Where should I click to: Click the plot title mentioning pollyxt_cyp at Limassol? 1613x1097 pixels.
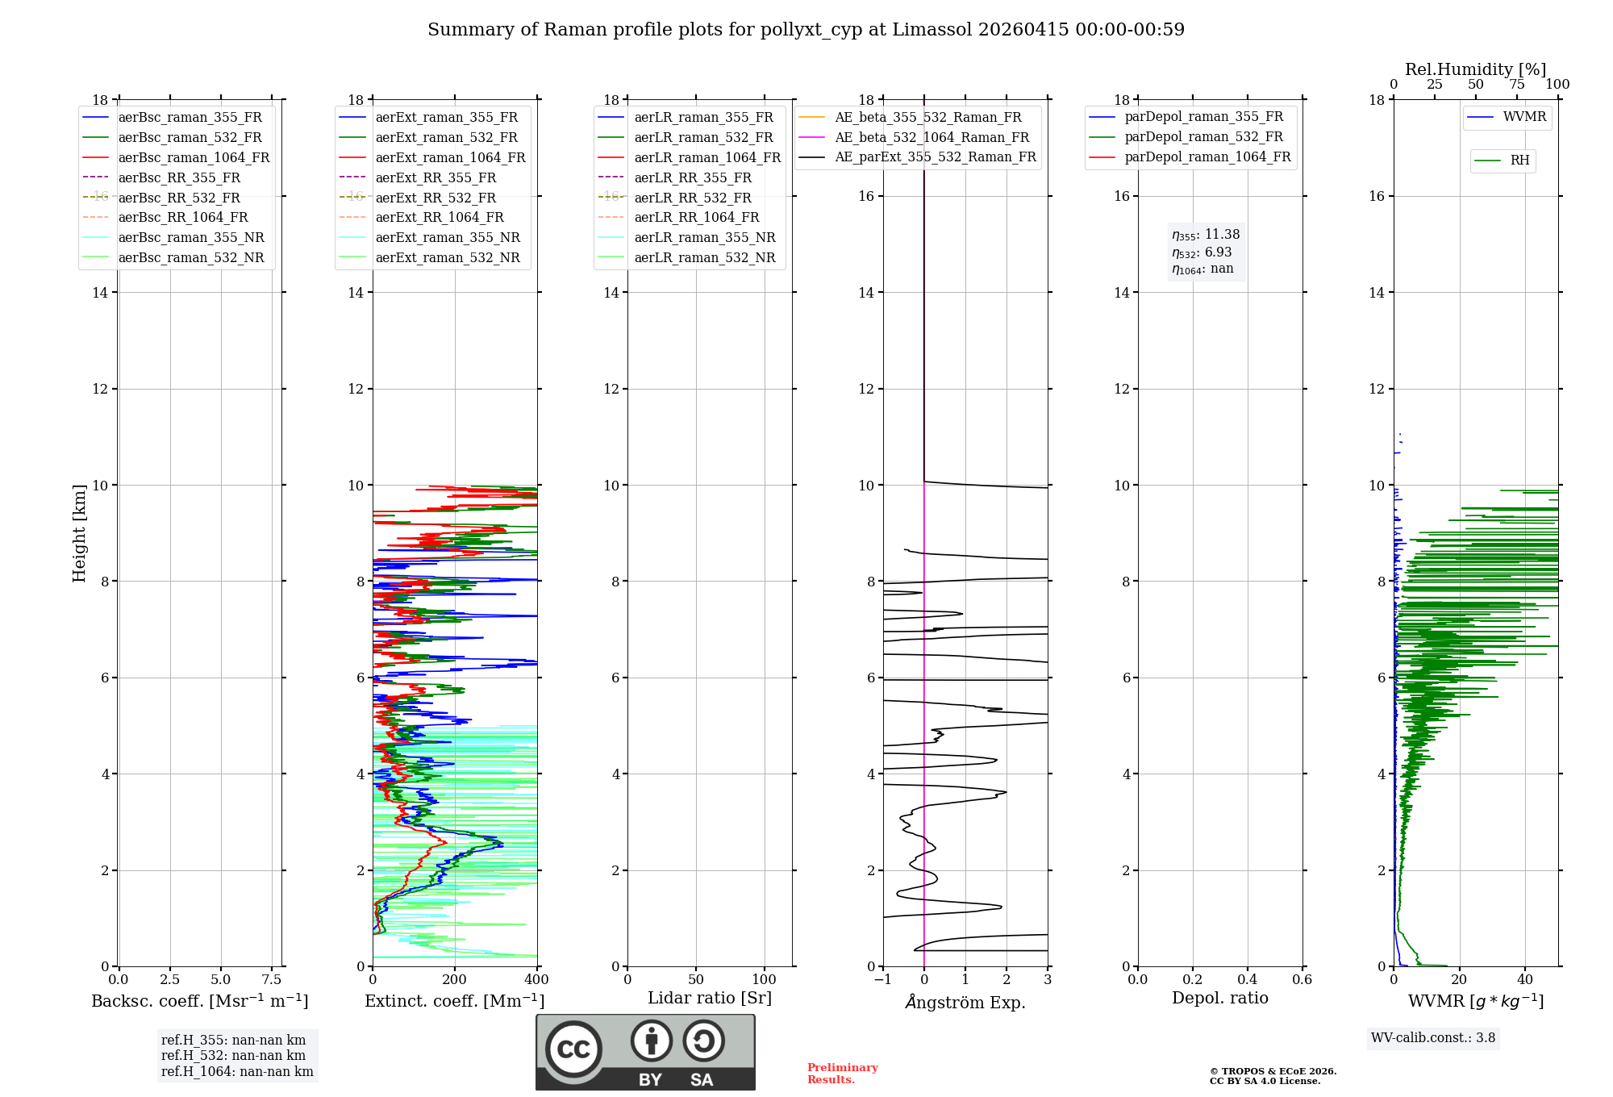(806, 30)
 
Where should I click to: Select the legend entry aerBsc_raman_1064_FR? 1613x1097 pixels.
(194, 157)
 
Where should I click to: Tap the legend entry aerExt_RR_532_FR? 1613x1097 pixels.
(436, 198)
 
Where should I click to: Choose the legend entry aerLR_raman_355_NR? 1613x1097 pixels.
(704, 237)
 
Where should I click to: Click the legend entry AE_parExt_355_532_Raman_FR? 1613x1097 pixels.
(935, 156)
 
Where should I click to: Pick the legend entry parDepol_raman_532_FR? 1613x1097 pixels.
(1203, 136)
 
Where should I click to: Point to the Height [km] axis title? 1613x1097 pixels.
(79, 532)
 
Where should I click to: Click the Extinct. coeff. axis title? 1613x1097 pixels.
(455, 1001)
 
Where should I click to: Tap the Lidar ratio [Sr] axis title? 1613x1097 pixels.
(710, 998)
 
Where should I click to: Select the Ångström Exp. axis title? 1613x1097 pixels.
(965, 1002)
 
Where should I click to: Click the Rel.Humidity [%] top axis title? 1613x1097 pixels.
(1475, 69)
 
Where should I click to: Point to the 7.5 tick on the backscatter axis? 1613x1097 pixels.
(272, 979)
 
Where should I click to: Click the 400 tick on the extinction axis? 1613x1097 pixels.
(537, 979)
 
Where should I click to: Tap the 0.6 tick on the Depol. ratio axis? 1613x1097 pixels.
(1302, 979)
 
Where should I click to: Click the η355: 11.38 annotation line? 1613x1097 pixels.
(1206, 235)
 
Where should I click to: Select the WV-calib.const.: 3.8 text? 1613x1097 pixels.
(1433, 1037)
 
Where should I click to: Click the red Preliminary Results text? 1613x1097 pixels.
(842, 1074)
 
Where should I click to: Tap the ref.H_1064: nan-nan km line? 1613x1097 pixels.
(237, 1071)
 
